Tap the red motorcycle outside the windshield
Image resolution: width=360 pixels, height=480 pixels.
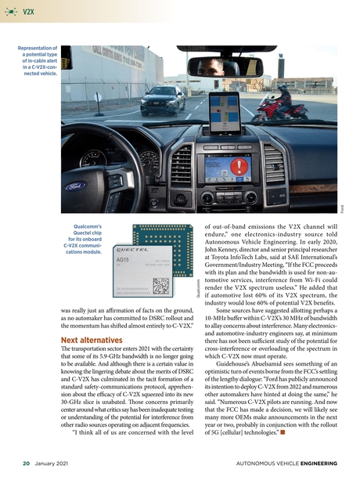click(279, 106)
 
